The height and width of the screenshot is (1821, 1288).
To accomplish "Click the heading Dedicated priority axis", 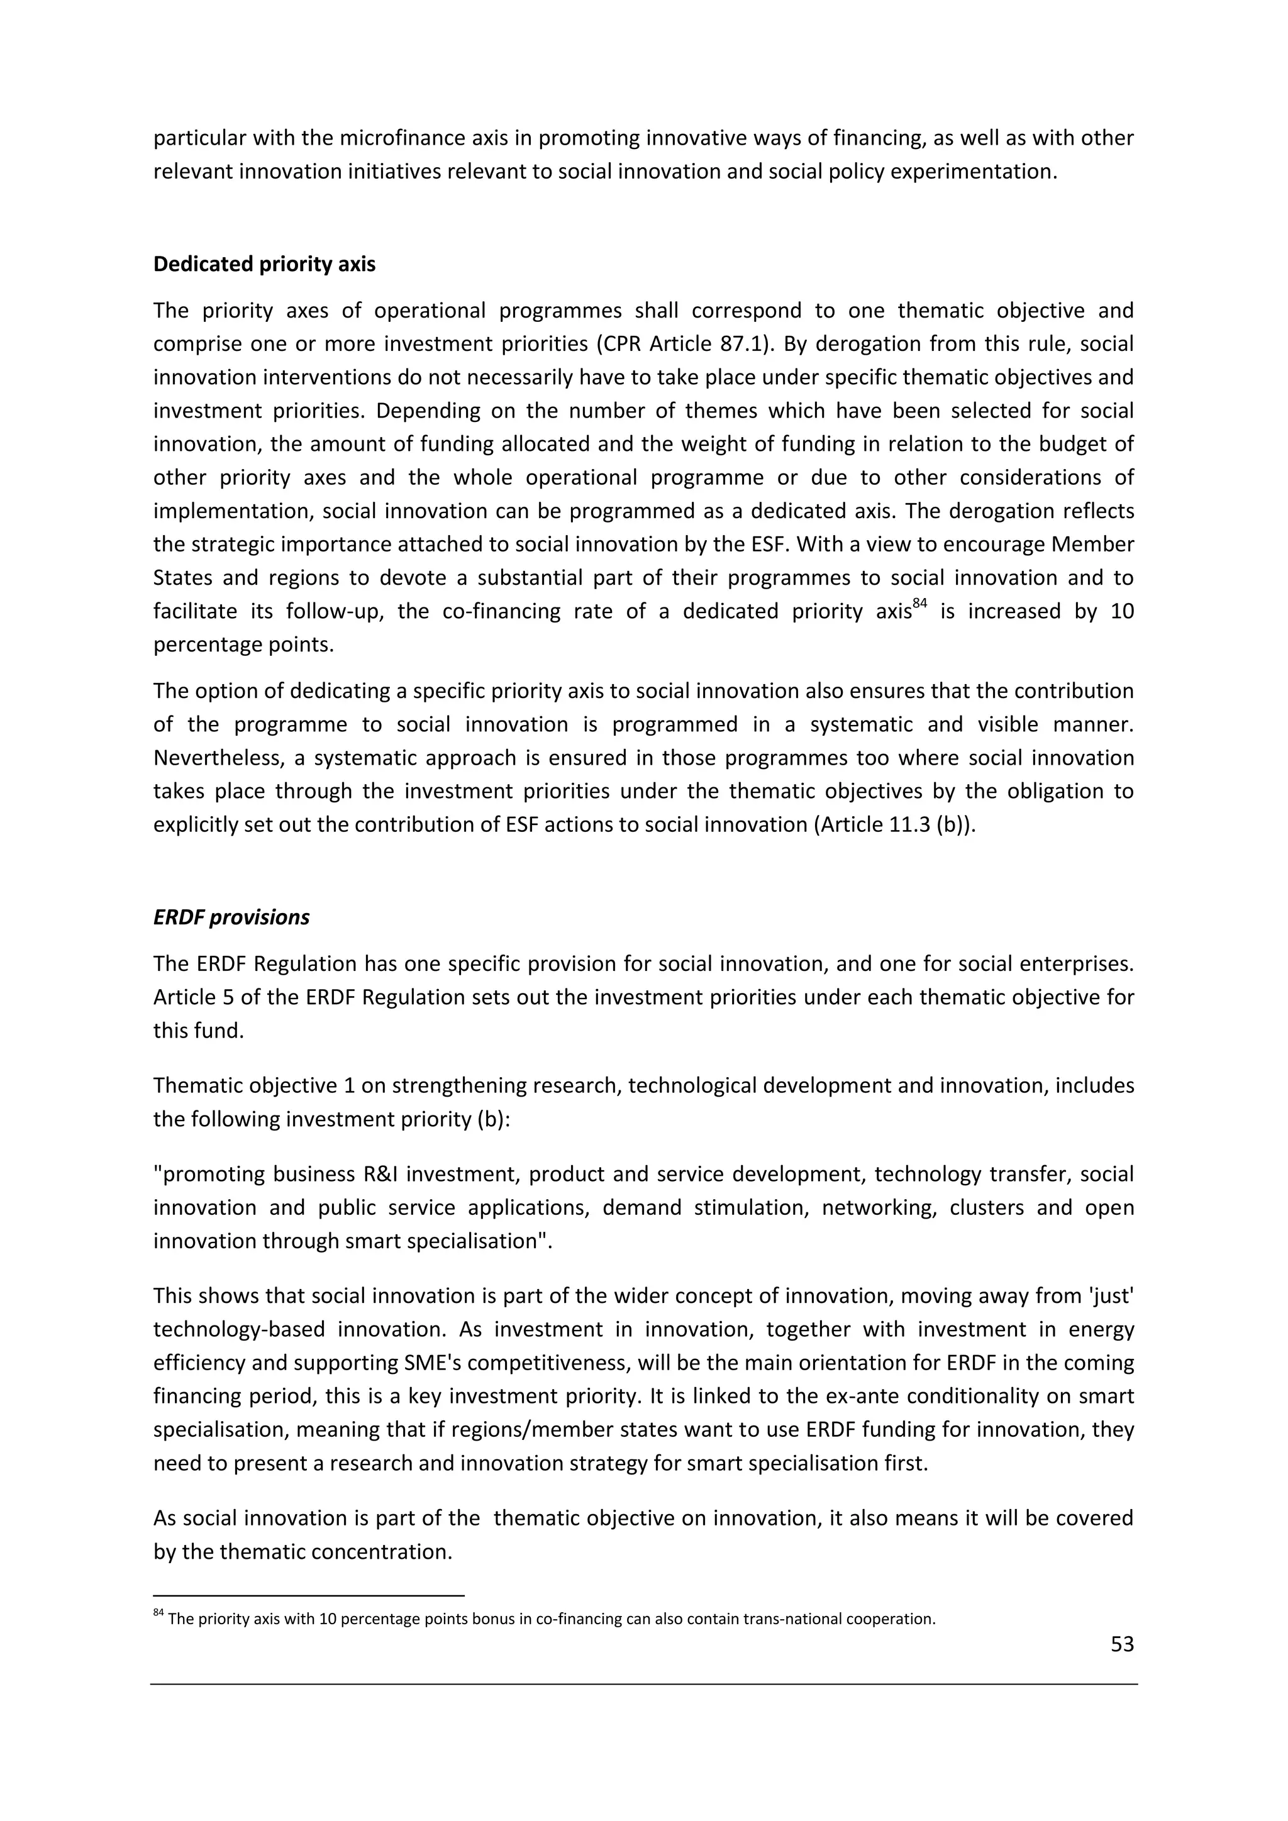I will click(x=264, y=264).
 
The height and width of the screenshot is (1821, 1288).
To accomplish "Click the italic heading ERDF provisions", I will click(x=231, y=917).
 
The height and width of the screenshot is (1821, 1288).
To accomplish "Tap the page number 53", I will click(x=1121, y=1644).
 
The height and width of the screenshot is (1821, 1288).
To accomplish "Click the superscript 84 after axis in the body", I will click(x=919, y=604).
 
